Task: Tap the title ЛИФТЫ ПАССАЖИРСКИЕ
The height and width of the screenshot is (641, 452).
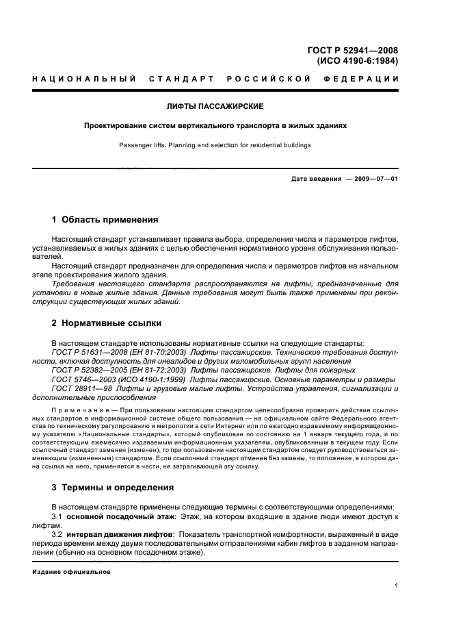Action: pyautogui.click(x=215, y=108)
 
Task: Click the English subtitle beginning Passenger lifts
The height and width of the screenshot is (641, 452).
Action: pyautogui.click(x=215, y=145)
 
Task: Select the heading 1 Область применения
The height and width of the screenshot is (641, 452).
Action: pyautogui.click(x=105, y=220)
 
